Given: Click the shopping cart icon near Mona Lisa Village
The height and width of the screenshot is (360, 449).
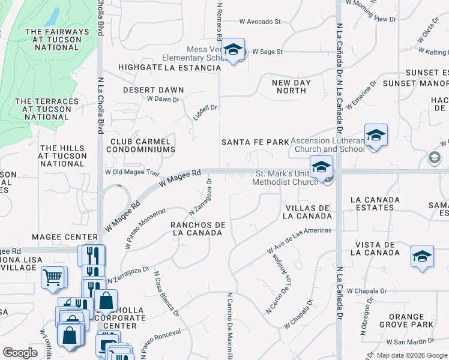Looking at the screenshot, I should [53, 278].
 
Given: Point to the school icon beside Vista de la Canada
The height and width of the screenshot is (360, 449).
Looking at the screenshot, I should [422, 256].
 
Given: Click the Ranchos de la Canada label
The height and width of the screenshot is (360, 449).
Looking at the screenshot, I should [197, 229].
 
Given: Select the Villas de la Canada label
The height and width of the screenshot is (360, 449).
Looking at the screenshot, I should [307, 212].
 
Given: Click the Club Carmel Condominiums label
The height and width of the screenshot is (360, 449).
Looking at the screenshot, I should [142, 145].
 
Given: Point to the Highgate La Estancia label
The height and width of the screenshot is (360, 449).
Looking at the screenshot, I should [170, 68].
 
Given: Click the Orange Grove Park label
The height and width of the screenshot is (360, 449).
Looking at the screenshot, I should [406, 321].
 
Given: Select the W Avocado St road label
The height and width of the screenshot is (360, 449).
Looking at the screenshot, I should [260, 22].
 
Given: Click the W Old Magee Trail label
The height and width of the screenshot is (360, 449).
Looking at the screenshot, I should [131, 172].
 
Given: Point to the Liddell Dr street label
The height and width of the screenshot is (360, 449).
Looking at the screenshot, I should [205, 112].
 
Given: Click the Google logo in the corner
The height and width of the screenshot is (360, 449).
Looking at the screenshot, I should [20, 353].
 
